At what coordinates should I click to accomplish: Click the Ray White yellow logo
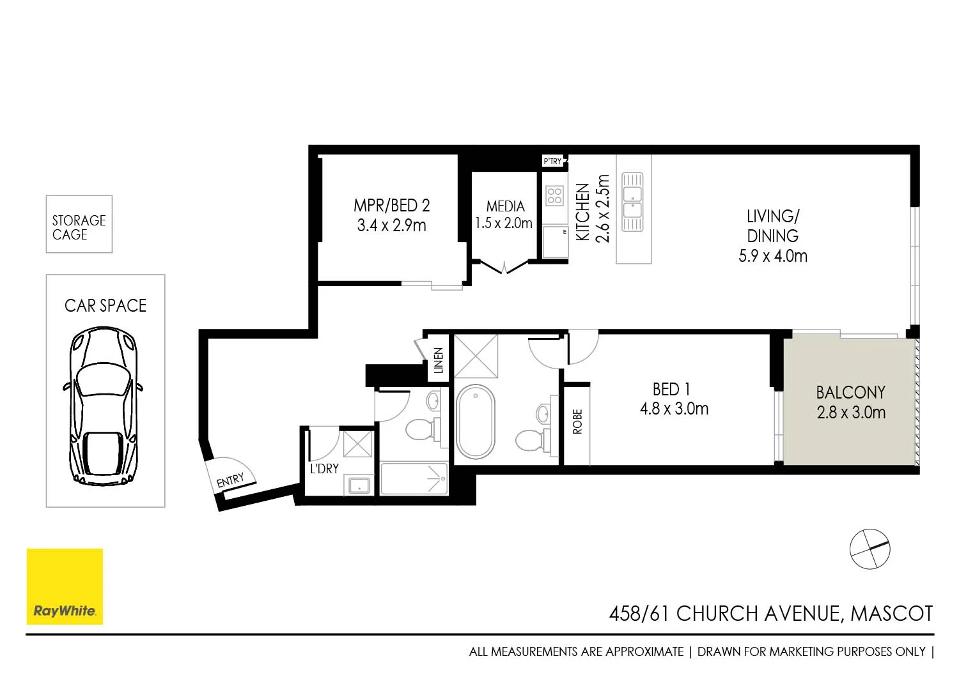tap(65, 586)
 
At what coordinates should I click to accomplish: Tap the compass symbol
tap(869, 549)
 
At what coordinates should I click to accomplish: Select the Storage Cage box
tap(79, 224)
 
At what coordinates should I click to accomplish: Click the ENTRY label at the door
tap(230, 480)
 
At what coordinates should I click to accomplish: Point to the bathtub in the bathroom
tap(476, 421)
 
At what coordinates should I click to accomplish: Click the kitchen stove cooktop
tap(554, 195)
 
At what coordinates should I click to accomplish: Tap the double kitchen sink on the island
tap(632, 201)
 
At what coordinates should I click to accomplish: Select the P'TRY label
tap(552, 162)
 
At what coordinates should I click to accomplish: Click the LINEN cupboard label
tap(439, 360)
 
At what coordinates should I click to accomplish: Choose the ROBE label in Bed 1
tap(577, 422)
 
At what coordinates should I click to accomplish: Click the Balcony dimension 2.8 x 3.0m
tap(851, 413)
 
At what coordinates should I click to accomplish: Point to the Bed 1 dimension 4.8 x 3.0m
tap(674, 409)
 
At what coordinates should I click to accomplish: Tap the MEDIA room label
tap(505, 206)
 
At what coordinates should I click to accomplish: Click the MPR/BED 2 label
tap(391, 206)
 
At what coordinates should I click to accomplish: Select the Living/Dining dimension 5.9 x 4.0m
tap(772, 256)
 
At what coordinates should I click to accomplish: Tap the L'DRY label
tap(324, 469)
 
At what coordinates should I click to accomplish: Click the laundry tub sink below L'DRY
tap(359, 485)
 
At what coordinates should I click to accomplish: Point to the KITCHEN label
tap(582, 212)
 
